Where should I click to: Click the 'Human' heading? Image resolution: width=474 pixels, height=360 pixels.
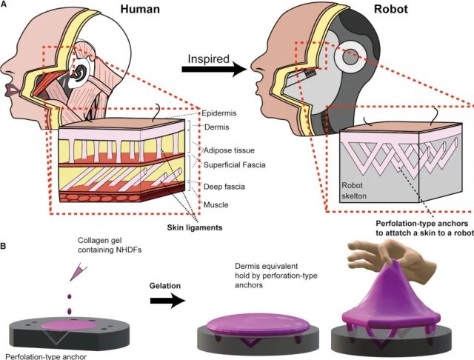[140, 9]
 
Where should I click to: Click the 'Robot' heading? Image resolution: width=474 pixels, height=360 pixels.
[391, 9]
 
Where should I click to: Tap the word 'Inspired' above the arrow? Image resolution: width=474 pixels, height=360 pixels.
[209, 59]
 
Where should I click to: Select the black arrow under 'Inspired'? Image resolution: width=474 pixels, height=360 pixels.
[214, 69]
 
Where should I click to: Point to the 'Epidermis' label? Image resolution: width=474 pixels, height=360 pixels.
[219, 113]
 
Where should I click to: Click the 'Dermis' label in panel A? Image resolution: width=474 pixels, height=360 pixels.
[217, 127]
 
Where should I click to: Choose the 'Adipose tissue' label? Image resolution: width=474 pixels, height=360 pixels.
[229, 150]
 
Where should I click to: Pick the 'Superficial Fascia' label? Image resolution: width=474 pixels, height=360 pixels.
[234, 164]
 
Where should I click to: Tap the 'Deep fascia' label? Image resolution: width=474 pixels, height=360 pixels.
[224, 187]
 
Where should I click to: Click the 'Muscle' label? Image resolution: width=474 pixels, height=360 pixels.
[216, 204]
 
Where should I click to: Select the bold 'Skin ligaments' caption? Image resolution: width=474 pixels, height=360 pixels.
[195, 227]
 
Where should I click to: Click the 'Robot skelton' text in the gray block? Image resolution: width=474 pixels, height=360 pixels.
[354, 190]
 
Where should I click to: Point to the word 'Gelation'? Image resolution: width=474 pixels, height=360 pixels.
[165, 286]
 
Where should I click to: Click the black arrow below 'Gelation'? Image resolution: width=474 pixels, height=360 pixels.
[168, 301]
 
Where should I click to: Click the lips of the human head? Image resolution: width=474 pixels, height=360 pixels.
[12, 90]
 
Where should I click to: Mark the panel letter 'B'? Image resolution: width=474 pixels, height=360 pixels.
[3, 246]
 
